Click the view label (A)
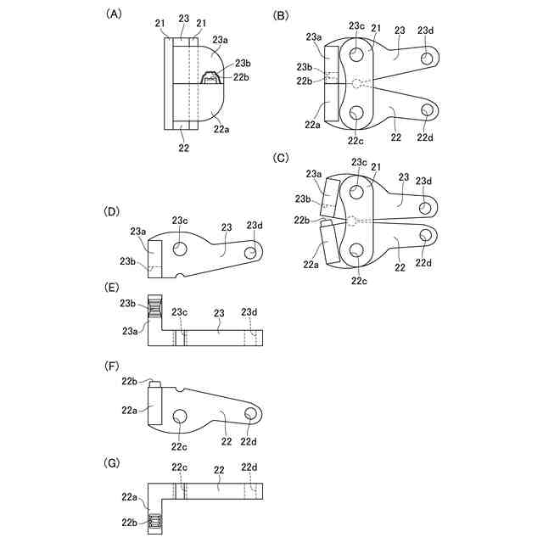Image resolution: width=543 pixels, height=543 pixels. pos(112,14)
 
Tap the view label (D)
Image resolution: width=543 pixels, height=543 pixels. pos(112,210)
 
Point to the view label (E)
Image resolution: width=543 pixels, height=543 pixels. pos(112,288)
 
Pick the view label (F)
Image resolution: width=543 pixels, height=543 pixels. pos(112,368)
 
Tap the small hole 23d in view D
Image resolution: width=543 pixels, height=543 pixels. pos(251,253)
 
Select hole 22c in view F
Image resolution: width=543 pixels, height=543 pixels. pos(180,417)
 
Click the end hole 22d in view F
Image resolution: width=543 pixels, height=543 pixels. pos(250,413)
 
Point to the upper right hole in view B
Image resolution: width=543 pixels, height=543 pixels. pos(428,57)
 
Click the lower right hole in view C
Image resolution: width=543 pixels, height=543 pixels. pos(428,236)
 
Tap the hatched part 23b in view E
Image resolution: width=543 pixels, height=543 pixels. pos(154,309)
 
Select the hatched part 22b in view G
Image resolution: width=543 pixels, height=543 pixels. pos(154,521)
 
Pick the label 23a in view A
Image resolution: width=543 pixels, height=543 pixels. pos(220,39)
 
